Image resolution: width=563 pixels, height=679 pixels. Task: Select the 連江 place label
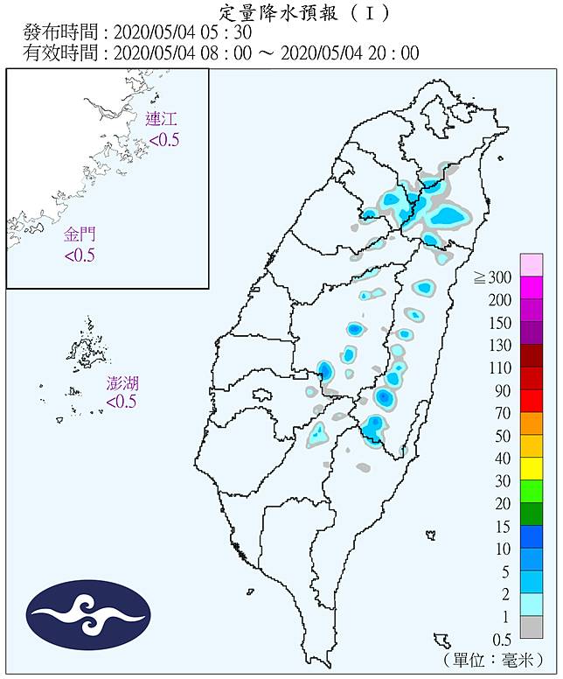click(163, 121)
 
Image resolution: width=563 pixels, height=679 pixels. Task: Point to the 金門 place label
click(80, 234)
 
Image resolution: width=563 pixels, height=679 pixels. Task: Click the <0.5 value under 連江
click(163, 140)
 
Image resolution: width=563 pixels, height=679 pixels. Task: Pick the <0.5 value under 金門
click(80, 255)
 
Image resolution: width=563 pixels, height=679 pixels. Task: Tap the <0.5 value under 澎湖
click(122, 402)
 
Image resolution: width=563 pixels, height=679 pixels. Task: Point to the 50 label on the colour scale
click(502, 436)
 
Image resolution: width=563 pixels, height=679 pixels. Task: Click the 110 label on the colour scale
click(499, 367)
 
